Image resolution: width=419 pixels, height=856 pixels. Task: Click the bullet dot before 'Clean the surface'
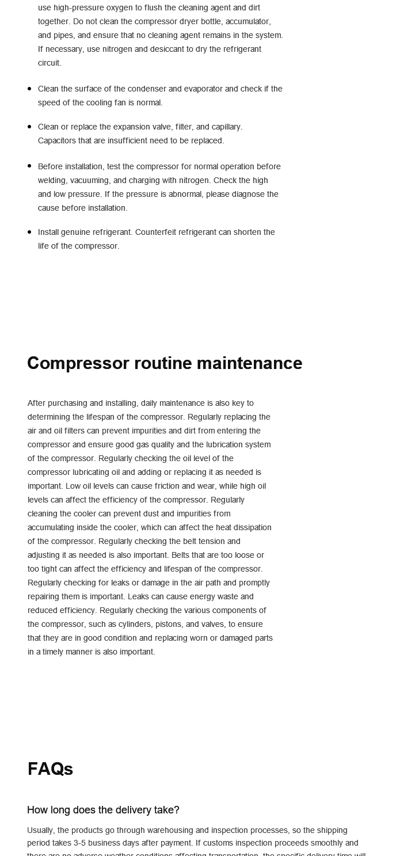pos(29,89)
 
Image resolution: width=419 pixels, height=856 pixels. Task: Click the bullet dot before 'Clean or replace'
pos(29,127)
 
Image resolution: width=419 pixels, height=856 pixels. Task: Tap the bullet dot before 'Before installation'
pos(29,166)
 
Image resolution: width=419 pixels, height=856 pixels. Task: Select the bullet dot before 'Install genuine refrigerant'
pos(29,232)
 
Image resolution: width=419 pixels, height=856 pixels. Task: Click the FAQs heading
pos(50,769)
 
